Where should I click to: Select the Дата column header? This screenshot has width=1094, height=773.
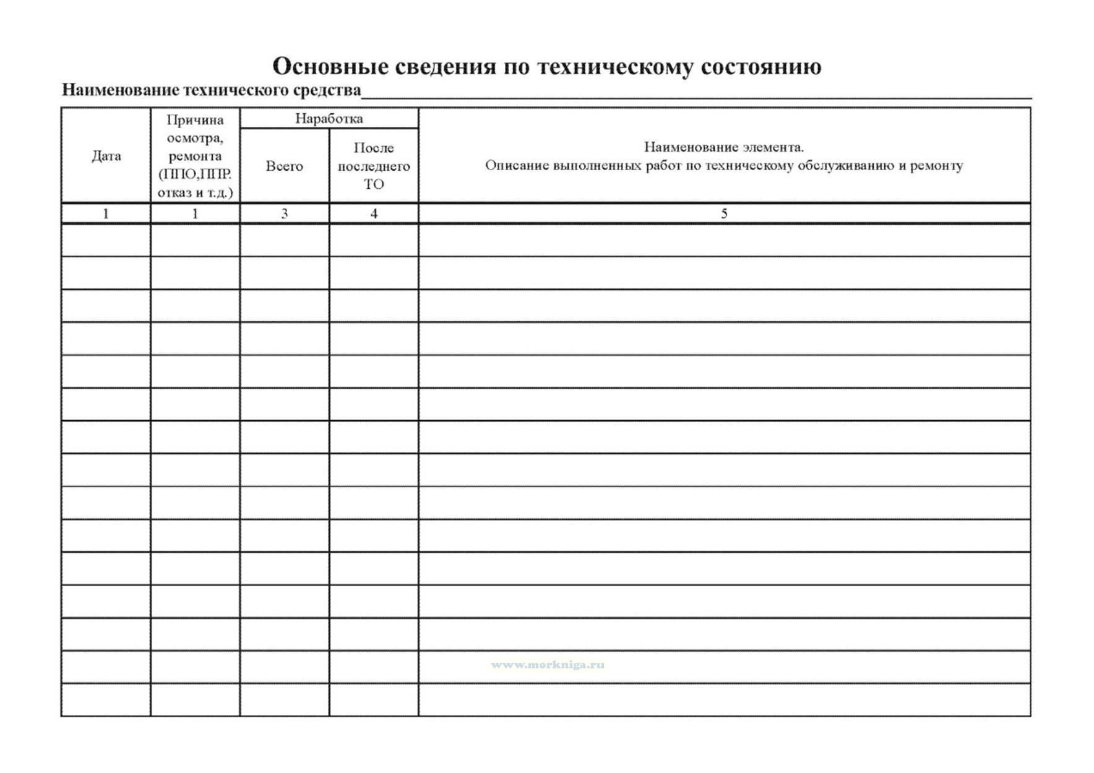[x=106, y=156]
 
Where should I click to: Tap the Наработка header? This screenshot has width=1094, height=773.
[x=329, y=118]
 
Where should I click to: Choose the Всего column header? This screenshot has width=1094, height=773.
[x=284, y=166]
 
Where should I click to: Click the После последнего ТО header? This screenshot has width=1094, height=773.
[x=374, y=166]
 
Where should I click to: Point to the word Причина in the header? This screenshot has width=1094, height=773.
[x=195, y=119]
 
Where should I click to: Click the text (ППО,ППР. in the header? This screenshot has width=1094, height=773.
[x=195, y=174]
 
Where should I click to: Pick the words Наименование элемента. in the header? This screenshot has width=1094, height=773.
[x=723, y=147]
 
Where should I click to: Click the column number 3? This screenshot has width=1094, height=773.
[x=284, y=214]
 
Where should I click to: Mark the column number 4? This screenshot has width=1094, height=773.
[x=374, y=214]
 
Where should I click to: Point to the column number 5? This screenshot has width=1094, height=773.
[x=724, y=214]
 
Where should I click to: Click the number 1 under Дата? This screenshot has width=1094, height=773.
[x=106, y=214]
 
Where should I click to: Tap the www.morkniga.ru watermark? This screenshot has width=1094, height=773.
[x=548, y=665]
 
